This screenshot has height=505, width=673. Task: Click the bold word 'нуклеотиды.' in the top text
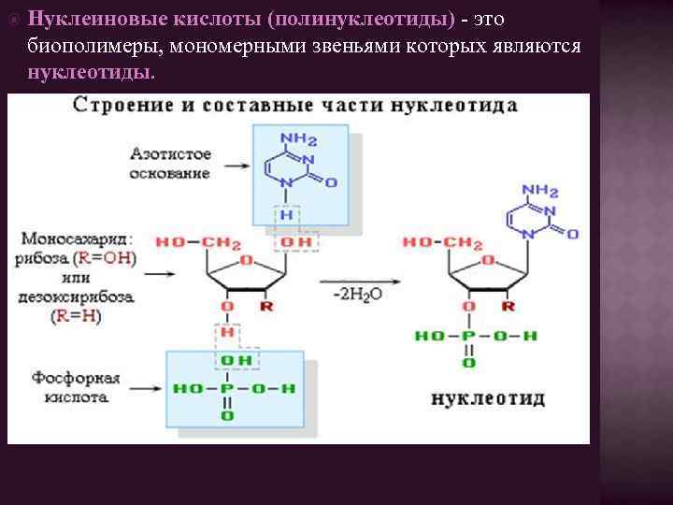93,72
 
